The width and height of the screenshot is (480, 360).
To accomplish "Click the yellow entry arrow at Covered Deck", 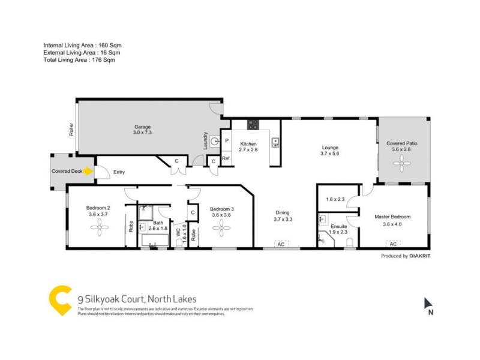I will [89, 172].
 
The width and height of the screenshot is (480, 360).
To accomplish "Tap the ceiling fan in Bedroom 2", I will [98, 226].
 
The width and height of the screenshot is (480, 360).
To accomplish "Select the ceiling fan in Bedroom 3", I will [221, 226].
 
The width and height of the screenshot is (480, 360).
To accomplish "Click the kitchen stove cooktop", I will [253, 125].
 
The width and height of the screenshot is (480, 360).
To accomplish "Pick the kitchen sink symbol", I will [275, 142].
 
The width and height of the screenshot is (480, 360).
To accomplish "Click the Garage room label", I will [142, 127].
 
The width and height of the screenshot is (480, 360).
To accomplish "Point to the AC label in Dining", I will [280, 244].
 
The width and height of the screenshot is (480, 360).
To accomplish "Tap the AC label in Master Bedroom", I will [393, 244].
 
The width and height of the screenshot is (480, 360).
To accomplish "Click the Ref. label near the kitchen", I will [226, 158].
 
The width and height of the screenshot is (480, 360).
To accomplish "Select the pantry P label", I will [226, 141].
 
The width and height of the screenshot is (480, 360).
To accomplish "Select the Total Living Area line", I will [79, 60].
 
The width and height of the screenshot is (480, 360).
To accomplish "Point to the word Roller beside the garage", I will [71, 130].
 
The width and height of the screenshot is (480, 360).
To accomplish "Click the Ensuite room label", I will [338, 227].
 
